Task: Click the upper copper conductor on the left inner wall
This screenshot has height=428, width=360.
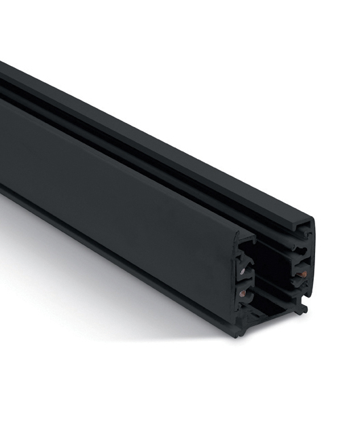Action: tap(243, 270)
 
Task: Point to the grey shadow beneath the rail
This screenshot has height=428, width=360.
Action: tap(102, 285)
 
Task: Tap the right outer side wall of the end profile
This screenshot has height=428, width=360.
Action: tap(310, 272)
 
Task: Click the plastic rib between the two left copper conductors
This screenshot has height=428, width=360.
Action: tap(242, 282)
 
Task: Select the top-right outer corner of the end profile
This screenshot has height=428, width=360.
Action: tap(312, 221)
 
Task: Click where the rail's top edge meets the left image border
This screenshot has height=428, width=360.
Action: tap(1, 63)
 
